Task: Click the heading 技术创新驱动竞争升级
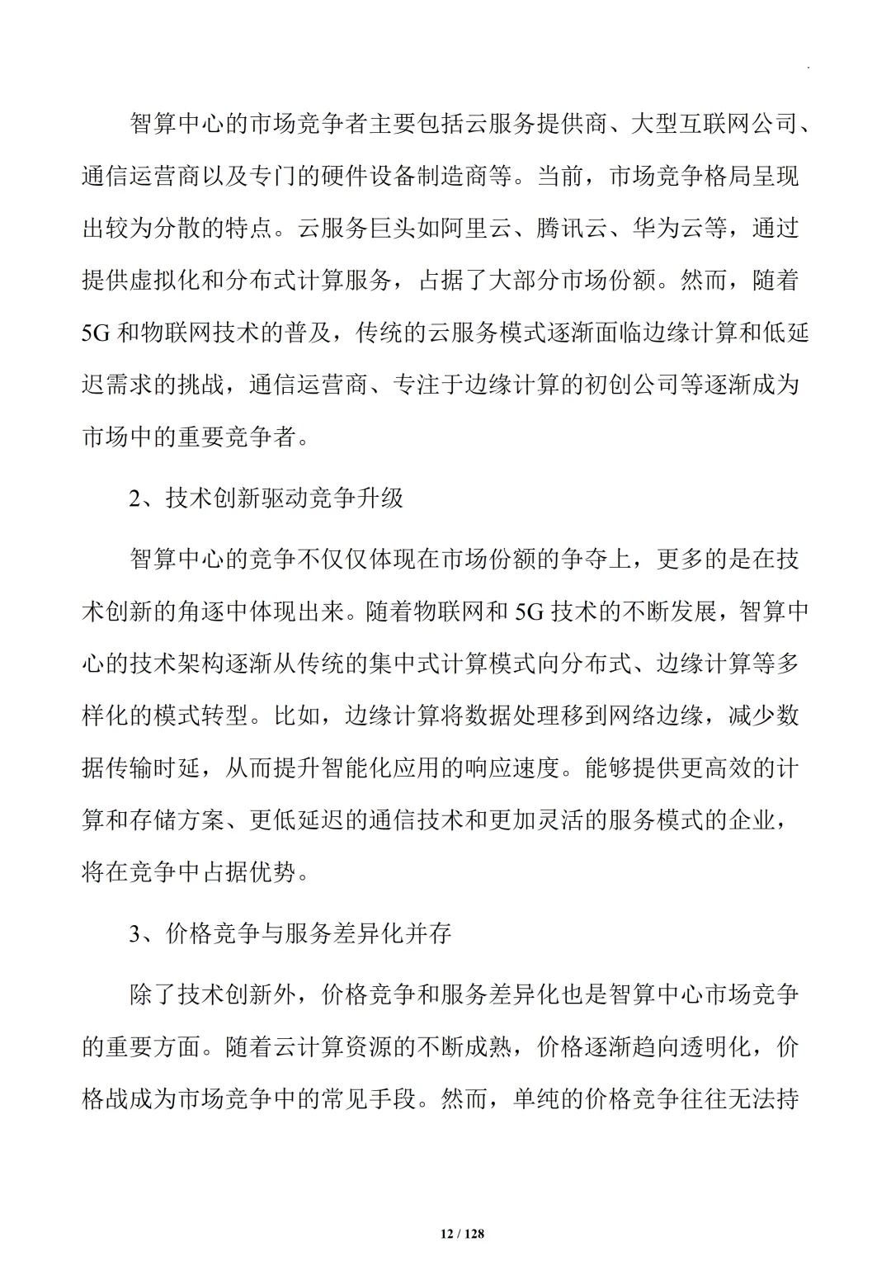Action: click(285, 498)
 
